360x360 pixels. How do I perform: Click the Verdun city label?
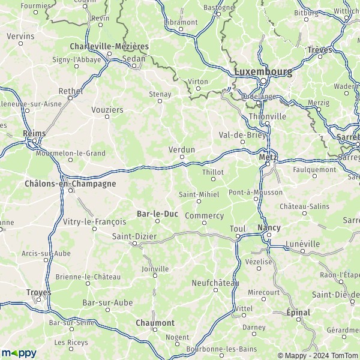point(182,149)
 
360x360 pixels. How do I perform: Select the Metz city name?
point(267,157)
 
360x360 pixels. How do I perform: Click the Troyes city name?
point(38,292)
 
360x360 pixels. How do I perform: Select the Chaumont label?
point(155,323)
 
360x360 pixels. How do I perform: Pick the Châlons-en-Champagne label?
point(70,184)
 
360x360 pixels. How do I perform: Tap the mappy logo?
point(20,352)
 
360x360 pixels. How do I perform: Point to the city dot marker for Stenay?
point(160,101)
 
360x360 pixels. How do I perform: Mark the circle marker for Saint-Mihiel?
point(199,201)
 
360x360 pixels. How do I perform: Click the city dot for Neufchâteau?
point(215,290)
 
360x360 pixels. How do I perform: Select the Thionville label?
point(267,116)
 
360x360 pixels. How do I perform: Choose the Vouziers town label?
point(108,110)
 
